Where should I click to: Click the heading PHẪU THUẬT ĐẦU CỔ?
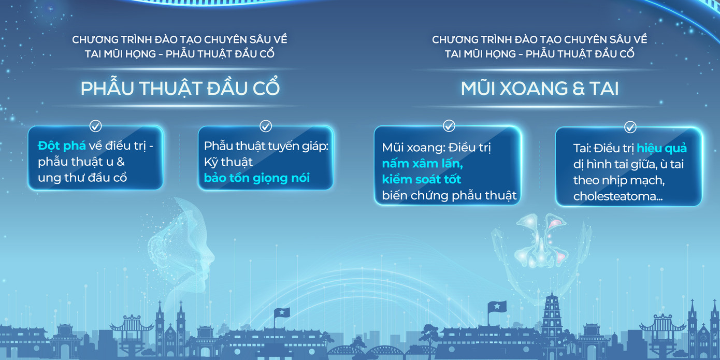(x=180, y=89)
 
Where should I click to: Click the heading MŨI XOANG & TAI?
(x=539, y=89)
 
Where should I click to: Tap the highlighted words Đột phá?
(x=61, y=146)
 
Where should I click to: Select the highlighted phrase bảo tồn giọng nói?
(x=256, y=178)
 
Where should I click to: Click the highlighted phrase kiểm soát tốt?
(x=421, y=179)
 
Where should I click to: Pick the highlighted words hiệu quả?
(x=661, y=149)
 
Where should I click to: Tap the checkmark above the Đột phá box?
(x=96, y=125)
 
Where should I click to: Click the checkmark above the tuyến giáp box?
(x=266, y=125)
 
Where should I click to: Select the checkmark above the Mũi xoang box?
(x=449, y=125)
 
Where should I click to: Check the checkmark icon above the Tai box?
(x=630, y=126)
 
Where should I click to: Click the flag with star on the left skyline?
(x=282, y=313)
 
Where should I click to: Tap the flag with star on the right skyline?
(x=496, y=307)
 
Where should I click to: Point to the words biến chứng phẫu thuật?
(x=449, y=195)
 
